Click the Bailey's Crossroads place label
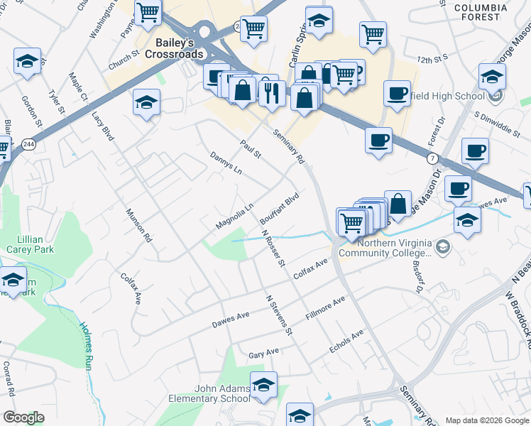click(x=175, y=47)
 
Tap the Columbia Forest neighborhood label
click(x=481, y=13)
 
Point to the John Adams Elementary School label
click(x=209, y=393)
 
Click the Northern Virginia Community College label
click(x=385, y=247)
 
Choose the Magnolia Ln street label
click(x=235, y=217)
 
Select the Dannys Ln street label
click(x=226, y=163)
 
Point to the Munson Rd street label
click(x=138, y=226)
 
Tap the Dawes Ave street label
click(x=231, y=320)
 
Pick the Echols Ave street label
click(x=346, y=341)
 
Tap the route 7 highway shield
click(x=431, y=155)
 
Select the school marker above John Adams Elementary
click(x=264, y=384)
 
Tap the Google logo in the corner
click(x=24, y=417)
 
